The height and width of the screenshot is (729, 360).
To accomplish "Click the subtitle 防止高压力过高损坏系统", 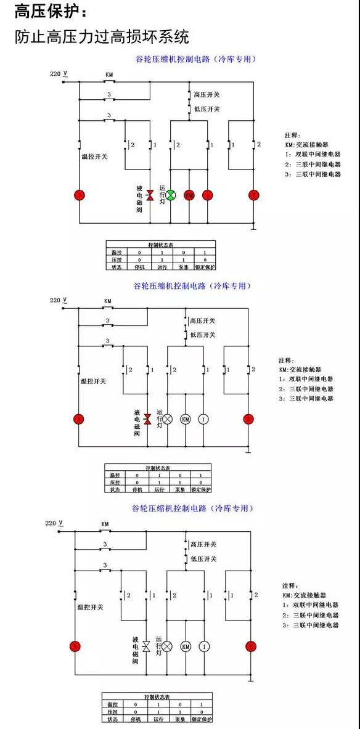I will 102,36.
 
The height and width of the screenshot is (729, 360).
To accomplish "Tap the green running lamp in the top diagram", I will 171,195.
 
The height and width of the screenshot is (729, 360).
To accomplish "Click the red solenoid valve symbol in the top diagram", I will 149,195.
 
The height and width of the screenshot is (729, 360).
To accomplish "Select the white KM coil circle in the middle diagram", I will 185,419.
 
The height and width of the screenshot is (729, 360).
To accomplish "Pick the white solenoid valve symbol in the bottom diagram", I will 146,646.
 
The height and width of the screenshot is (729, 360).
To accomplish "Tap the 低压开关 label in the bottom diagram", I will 204,559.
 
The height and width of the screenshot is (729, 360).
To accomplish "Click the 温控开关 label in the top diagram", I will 94,157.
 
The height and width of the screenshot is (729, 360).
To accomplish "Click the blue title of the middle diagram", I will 192,287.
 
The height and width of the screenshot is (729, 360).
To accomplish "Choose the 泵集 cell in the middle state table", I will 178,489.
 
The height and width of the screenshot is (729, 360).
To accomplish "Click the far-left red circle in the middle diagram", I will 78,419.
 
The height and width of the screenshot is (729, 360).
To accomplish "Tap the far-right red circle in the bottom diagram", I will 250,646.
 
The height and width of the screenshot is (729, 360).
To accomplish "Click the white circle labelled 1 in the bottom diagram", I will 205,646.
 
